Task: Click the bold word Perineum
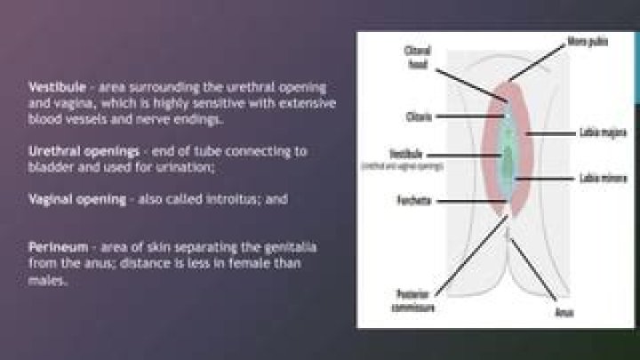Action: tap(54, 245)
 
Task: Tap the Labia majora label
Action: tap(592, 133)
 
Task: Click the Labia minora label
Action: tap(592, 179)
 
